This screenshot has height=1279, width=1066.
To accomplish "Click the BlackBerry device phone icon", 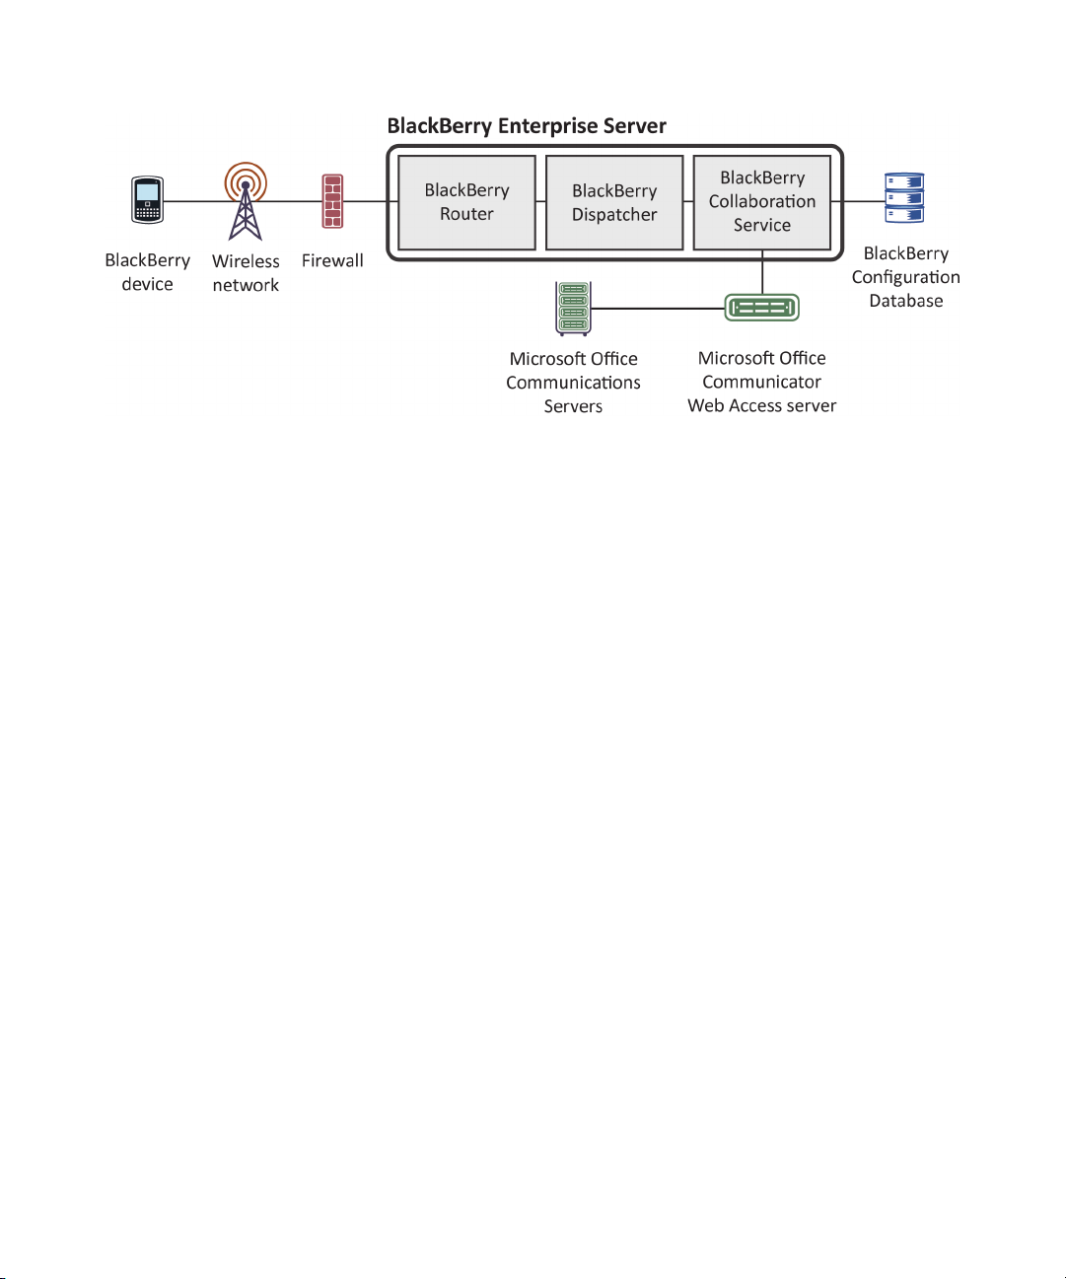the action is coord(147,200).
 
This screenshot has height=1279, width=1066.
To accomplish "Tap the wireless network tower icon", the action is coord(246,201).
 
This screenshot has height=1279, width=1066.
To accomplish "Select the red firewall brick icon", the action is coord(332,201).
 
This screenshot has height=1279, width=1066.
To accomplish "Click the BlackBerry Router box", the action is coord(466,203).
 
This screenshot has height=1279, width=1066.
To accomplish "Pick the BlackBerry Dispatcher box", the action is coord(614,203).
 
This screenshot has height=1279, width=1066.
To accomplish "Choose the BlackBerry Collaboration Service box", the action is coord(762,203).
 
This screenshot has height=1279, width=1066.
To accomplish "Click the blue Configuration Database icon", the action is coord(904,198).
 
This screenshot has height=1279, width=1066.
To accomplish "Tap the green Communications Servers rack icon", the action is coord(574,308).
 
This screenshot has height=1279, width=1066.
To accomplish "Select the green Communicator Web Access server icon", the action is coord(762,308).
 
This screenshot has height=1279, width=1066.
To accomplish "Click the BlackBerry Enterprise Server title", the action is coord(527,125).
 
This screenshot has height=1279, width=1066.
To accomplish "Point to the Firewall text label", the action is coord(332,260).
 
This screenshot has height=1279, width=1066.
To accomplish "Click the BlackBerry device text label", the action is coord(147,272).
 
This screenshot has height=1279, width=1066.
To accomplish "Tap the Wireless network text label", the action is coord(246,272).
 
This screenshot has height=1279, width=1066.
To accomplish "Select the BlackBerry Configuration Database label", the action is coord(905,277).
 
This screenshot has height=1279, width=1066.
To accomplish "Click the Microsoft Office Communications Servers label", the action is coord(573,383).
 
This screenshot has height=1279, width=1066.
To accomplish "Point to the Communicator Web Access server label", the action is coord(761,382).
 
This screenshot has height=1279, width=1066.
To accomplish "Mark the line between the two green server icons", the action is coord(658,308).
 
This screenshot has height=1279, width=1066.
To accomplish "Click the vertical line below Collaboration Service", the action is coord(762,272).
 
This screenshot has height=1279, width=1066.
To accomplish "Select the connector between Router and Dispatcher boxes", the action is coord(541,201).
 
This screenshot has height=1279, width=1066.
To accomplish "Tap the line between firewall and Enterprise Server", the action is coord(366,201).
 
